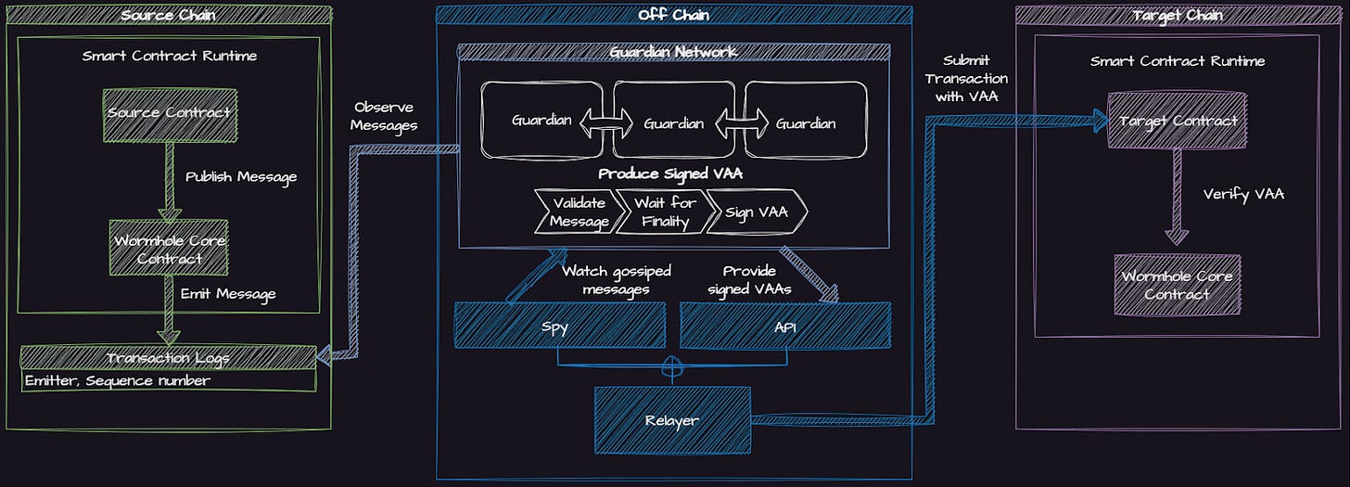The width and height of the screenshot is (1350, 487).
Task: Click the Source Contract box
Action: click(168, 113)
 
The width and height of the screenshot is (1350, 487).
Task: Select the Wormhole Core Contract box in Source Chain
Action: click(168, 248)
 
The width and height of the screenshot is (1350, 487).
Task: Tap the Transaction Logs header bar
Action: click(168, 357)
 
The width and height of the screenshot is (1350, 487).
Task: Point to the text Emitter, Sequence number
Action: click(118, 380)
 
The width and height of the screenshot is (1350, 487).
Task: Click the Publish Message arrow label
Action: click(241, 176)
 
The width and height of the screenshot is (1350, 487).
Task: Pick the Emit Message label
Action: click(228, 295)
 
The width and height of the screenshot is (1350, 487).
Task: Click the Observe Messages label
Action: click(385, 116)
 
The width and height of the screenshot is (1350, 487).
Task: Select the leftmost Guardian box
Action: click(542, 122)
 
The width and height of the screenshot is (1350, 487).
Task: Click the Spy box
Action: click(560, 326)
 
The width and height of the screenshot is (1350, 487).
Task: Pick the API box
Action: click(785, 326)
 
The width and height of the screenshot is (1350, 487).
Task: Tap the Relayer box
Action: click(672, 420)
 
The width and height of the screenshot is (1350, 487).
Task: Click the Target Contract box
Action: click(1178, 122)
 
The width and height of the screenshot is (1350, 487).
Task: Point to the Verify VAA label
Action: click(1243, 195)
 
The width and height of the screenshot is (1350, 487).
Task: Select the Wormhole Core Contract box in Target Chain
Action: click(1178, 285)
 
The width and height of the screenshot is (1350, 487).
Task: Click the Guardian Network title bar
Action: click(674, 52)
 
